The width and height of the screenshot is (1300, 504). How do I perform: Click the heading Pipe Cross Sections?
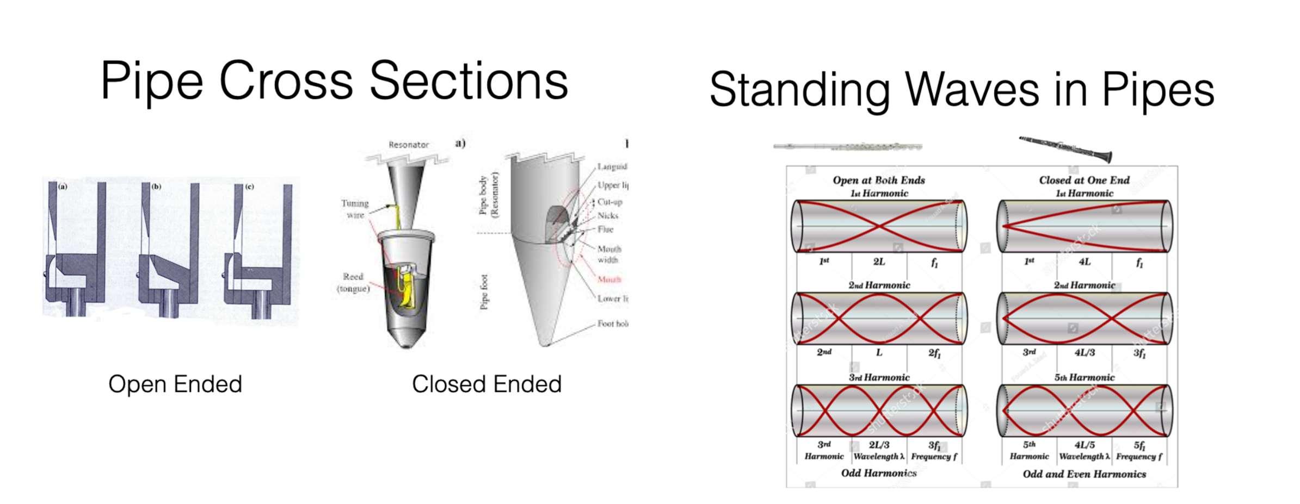(334, 82)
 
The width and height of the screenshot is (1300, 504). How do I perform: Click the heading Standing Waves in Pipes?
(962, 90)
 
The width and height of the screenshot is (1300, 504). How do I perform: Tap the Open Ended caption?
(175, 384)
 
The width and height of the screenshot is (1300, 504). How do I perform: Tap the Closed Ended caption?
(486, 384)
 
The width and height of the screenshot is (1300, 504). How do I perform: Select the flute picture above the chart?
(847, 146)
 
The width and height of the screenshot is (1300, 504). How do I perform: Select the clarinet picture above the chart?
(1065, 148)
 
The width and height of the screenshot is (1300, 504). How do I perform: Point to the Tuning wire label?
(355, 209)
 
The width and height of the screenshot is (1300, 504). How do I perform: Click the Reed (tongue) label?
(353, 282)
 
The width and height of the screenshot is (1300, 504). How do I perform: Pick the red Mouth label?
(609, 279)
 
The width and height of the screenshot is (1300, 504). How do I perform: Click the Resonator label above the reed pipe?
(409, 145)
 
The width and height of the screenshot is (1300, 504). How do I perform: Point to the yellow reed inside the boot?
(405, 291)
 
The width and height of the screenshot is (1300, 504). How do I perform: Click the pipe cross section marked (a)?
(76, 250)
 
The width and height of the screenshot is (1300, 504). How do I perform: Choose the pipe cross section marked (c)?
(258, 250)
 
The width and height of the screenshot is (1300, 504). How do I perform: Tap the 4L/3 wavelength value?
(1085, 352)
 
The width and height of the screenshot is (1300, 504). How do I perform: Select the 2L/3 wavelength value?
(879, 445)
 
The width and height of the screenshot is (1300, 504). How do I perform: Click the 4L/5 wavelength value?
(1085, 445)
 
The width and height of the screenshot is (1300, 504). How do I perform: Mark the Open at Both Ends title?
(879, 180)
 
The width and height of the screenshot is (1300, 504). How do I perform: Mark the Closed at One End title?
(1084, 180)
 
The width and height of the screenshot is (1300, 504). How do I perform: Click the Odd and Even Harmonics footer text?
(1084, 474)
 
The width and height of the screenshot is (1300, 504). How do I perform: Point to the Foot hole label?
(612, 323)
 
